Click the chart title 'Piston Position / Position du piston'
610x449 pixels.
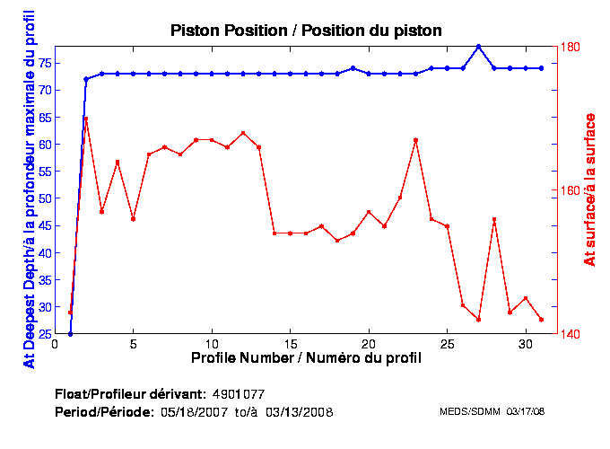coord(306,31)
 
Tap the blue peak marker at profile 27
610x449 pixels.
coord(479,47)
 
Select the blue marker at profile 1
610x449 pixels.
coord(70,334)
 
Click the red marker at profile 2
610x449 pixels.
coord(86,119)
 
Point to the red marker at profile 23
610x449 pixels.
coord(416,140)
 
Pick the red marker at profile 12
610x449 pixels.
coord(243,133)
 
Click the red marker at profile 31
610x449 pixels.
coord(542,320)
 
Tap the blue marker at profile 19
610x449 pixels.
coord(353,68)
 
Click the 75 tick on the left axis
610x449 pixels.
coord(45,63)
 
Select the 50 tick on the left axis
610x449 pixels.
coord(45,198)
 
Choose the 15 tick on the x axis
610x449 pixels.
coord(290,344)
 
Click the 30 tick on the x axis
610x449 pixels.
coord(526,344)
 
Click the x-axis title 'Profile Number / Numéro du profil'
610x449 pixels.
coord(306,357)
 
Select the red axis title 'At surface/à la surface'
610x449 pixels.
coord(590,189)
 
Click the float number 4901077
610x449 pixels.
coord(238,394)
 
